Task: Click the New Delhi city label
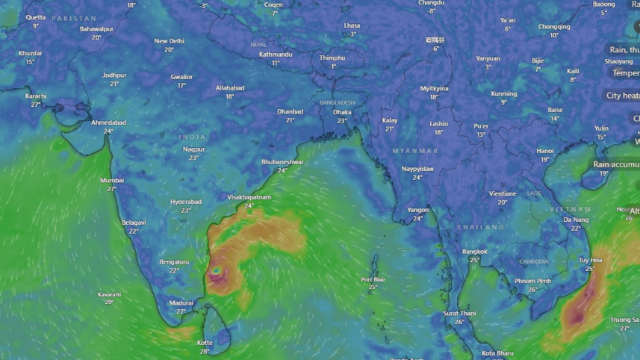169,41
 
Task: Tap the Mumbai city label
112,180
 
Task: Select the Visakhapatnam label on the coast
249,197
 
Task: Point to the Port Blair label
373,279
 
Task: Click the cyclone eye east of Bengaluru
217,272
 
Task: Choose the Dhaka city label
342,112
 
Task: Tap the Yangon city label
417,210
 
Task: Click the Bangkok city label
474,252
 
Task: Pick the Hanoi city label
545,151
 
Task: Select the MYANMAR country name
415,151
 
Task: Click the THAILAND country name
481,227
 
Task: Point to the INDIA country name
193,137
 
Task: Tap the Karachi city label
36,96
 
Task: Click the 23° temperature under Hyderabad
186,211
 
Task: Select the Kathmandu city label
275,55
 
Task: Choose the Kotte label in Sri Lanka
205,343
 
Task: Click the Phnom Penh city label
532,281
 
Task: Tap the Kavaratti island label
109,294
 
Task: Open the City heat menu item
623,96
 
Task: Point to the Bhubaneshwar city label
282,162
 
